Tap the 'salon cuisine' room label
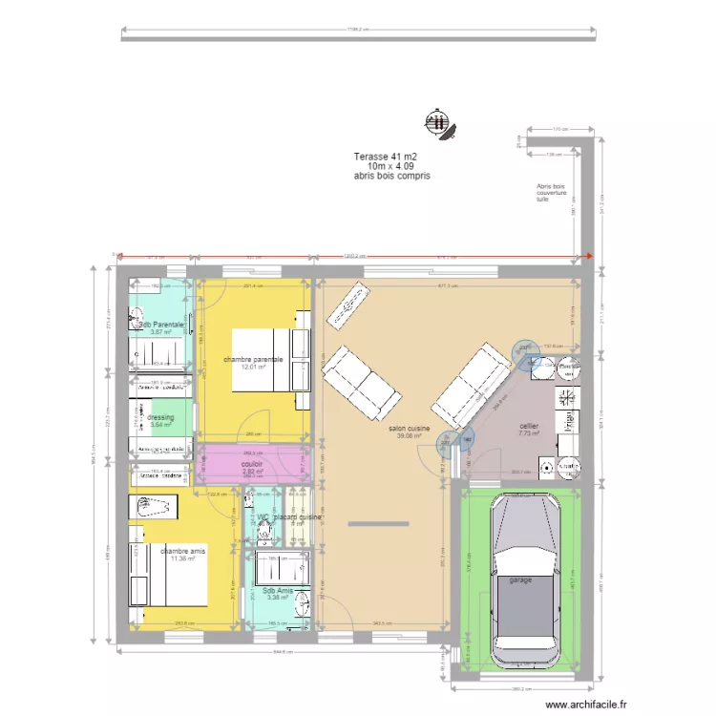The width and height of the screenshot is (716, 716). pos(409,430)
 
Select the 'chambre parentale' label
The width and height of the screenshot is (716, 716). pos(253,359)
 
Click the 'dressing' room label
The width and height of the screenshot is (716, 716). pos(160,417)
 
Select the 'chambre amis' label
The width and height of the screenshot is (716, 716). pos(183,551)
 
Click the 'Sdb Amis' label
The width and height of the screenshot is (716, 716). pos(278,591)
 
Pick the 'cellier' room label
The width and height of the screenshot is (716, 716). pos(529,426)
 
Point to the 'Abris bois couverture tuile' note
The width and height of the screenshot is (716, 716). pos(551,194)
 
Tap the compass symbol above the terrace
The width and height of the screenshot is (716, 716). pos(438,121)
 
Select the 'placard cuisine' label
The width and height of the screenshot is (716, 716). pos(296,517)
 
